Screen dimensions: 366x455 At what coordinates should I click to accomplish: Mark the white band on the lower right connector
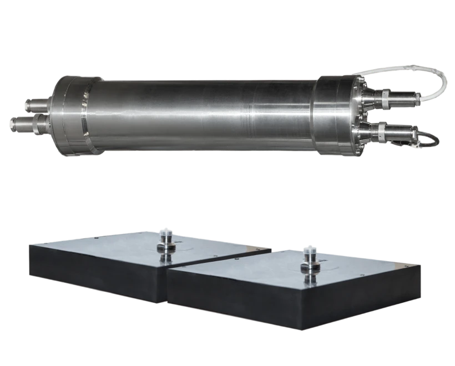[382, 131]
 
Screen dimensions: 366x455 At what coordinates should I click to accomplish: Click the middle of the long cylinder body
[205, 114]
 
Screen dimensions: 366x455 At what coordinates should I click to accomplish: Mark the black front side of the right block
[277, 311]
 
